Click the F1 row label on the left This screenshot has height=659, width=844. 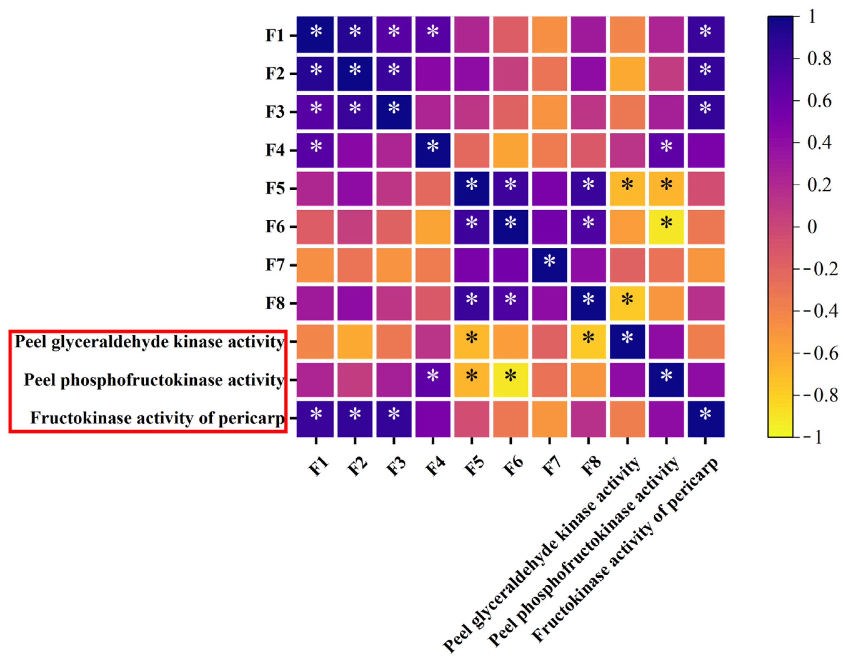click(275, 36)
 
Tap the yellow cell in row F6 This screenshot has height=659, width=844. click(666, 227)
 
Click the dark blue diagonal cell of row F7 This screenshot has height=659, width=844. click(549, 265)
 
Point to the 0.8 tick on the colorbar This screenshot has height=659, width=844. click(819, 59)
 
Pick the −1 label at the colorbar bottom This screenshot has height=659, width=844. click(815, 437)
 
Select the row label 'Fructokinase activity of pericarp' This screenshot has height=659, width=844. click(157, 418)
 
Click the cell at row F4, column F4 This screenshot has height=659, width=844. click(432, 150)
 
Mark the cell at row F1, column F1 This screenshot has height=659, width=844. click(315, 35)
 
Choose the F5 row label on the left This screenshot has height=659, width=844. click(275, 189)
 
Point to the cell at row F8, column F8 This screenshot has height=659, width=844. click(588, 303)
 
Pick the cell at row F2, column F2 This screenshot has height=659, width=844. click(355, 73)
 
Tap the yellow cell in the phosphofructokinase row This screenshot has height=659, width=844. click(510, 380)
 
